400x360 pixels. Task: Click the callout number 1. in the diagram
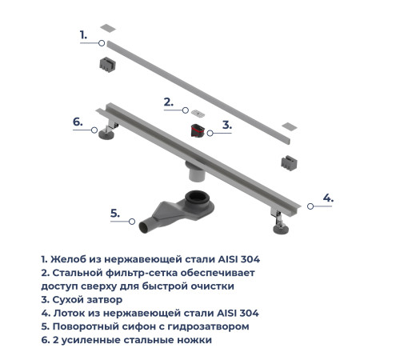pyautogui.click(x=83, y=34)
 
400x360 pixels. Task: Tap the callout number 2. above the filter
pyautogui.click(x=168, y=102)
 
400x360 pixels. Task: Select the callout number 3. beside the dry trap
pyautogui.click(x=227, y=125)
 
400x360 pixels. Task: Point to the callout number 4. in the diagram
pyautogui.click(x=328, y=198)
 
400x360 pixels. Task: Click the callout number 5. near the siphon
pyautogui.click(x=115, y=213)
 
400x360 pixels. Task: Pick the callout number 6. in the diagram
pyautogui.click(x=78, y=122)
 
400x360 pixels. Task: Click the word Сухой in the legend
pyautogui.click(x=69, y=298)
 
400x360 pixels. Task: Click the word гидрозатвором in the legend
pyautogui.click(x=216, y=326)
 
